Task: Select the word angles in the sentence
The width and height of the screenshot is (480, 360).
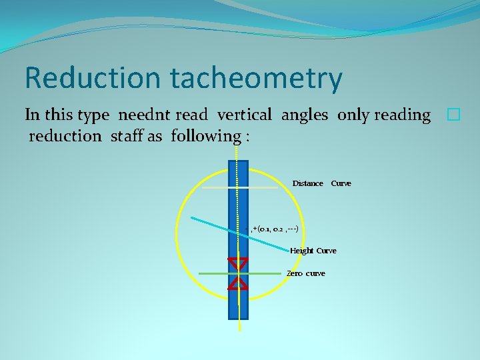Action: [304, 115]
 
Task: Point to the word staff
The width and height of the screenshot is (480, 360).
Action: [145, 136]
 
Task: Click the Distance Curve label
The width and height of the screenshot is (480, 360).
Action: [321, 183]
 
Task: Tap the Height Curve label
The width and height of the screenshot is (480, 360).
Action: [313, 251]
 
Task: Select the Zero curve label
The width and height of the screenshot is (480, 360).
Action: [306, 273]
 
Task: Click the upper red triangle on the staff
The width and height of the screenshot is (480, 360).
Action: [238, 263]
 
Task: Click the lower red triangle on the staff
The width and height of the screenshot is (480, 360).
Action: [238, 283]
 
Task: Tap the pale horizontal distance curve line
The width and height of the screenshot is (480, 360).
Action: [213, 188]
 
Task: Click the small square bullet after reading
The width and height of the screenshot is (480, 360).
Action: [453, 115]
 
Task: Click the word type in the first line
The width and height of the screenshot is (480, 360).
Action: [93, 115]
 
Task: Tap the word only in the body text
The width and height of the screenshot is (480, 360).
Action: [353, 115]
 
